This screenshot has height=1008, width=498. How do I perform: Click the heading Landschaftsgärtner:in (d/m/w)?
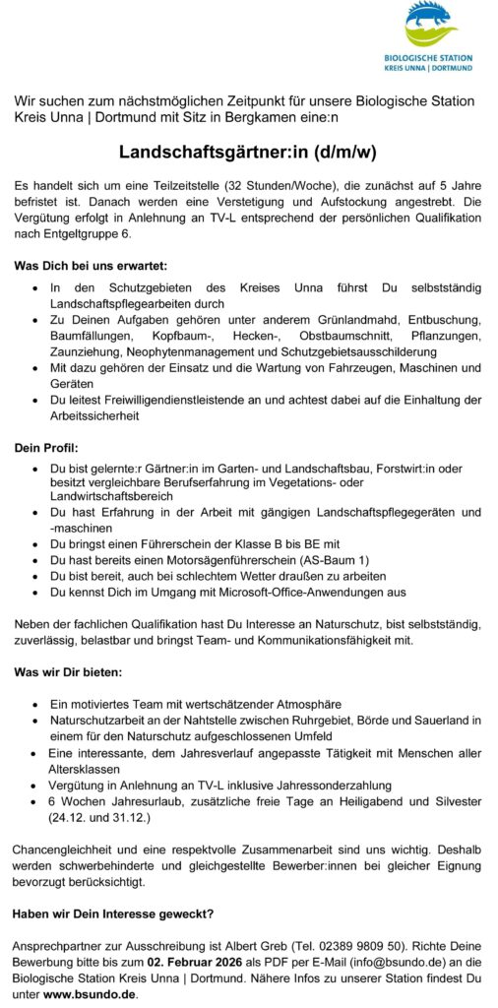[x=248, y=153]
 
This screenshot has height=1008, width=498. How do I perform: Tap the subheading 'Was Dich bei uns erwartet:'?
[x=91, y=266]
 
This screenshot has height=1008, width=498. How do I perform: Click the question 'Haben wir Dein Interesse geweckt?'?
[x=114, y=913]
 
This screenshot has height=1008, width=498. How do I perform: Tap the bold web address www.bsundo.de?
[x=90, y=994]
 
